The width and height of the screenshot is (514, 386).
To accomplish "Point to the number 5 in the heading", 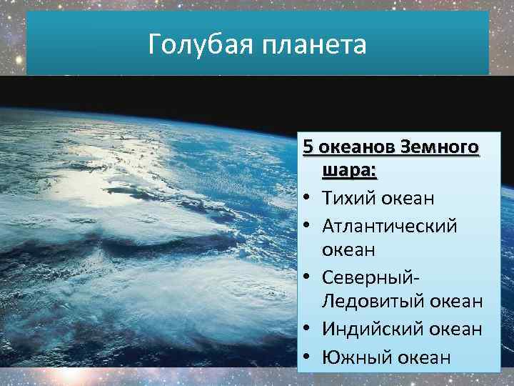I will coord(308,147).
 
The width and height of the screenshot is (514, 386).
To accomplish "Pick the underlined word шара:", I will coord(350,172).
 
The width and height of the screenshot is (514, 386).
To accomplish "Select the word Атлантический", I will coord(389,225).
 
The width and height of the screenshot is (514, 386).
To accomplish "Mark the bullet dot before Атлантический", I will coord(307,226).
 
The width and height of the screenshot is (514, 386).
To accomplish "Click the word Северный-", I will coord(371,277).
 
